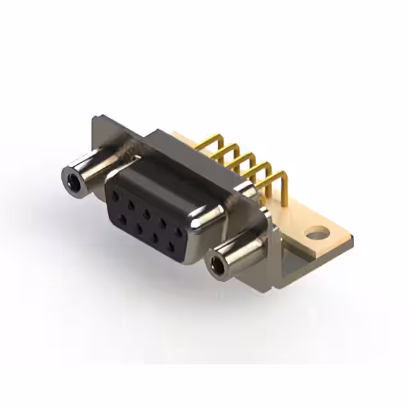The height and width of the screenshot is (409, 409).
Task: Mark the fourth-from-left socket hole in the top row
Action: (x=164, y=222)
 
